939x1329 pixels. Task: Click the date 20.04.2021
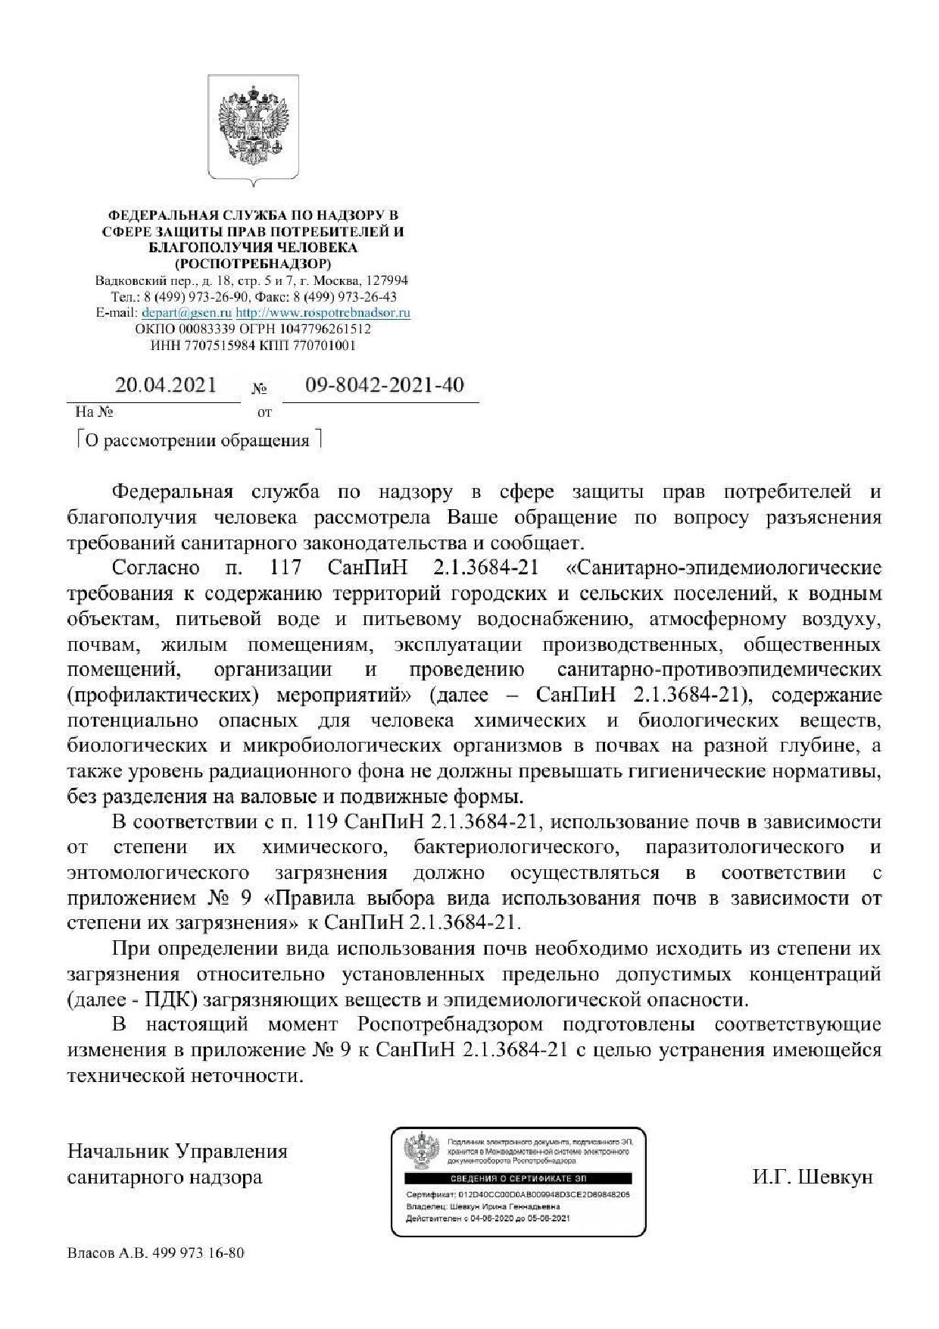pyautogui.click(x=165, y=386)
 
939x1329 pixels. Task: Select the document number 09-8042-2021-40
pyautogui.click(x=385, y=386)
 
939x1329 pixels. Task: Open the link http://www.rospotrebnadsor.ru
pyautogui.click(x=323, y=313)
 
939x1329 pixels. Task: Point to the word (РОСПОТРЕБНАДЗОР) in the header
pyautogui.click(x=253, y=264)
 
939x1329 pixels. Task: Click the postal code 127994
pyautogui.click(x=385, y=280)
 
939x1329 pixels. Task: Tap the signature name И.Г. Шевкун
pyautogui.click(x=813, y=1177)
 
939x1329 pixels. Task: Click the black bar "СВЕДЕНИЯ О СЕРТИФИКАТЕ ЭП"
pyautogui.click(x=518, y=1179)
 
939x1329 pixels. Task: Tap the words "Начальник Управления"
pyautogui.click(x=177, y=1152)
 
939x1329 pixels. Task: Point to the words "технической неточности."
pyautogui.click(x=185, y=1076)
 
